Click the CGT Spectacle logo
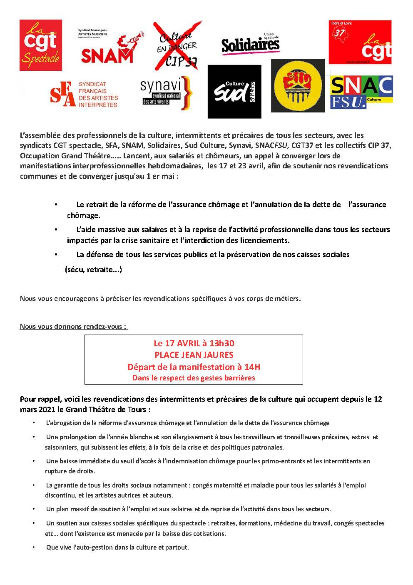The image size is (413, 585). point(40,45)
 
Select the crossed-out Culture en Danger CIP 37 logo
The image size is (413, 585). point(177,45)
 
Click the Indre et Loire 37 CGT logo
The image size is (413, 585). point(360,42)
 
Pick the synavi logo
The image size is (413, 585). point(166,93)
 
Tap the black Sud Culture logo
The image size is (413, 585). point(234,92)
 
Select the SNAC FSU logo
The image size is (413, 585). point(361,92)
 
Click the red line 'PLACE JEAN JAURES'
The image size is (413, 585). point(194,355)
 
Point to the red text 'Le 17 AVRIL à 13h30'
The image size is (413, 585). point(194,343)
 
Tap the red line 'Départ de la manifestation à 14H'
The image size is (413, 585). point(194,367)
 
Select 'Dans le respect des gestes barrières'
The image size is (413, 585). point(194,378)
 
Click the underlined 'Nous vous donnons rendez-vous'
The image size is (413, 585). point(73,326)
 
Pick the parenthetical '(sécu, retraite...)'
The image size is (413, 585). point(93,270)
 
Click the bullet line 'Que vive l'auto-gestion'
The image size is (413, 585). point(117,547)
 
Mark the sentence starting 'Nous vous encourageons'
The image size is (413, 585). point(160,298)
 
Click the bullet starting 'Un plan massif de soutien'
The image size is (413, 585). point(188,509)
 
